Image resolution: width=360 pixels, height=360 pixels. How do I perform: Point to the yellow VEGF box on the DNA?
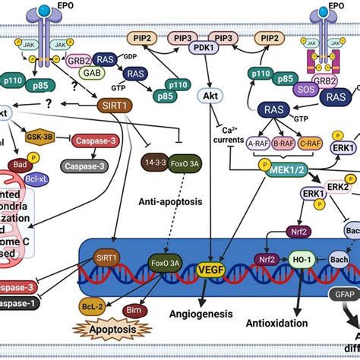207,268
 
